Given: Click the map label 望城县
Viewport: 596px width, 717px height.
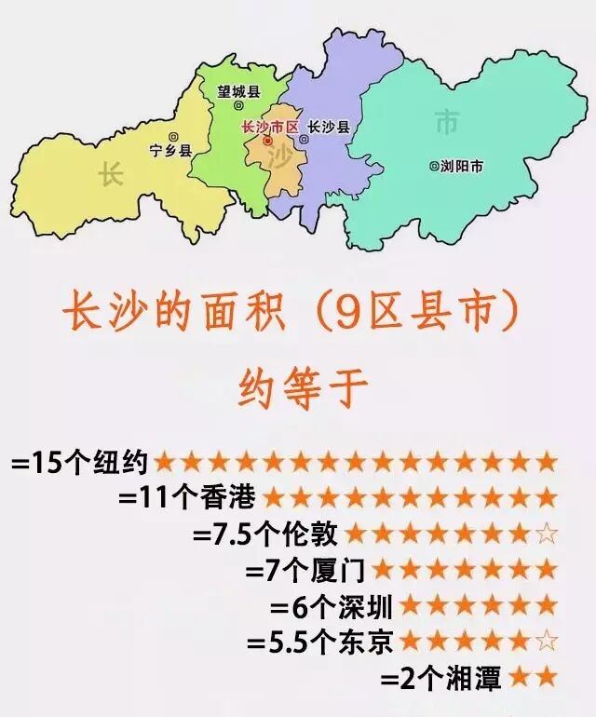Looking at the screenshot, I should point(238,91).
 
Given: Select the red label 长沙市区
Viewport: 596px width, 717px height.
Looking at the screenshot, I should point(267,127).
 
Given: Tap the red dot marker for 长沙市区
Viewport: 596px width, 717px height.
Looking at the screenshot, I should point(268,142).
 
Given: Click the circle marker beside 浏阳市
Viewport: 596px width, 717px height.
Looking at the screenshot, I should point(433,167).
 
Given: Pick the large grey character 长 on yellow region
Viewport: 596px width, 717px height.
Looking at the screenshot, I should point(111,174).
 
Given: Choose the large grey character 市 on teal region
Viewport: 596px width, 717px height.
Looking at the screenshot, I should point(447,120).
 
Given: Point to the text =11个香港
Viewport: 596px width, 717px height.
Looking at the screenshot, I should point(186,497).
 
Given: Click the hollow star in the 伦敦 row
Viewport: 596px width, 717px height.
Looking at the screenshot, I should point(548,534).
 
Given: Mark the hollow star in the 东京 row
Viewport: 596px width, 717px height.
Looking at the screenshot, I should point(548,641).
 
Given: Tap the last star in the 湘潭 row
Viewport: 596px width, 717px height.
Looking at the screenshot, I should point(548,677).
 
